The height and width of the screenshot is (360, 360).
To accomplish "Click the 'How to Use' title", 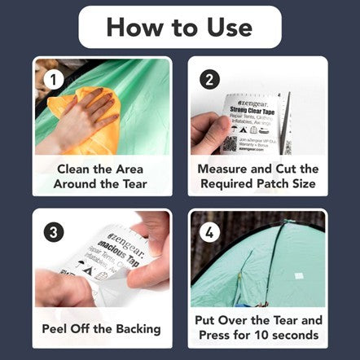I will tap(179, 27).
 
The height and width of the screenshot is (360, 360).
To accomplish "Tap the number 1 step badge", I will tap(55, 80).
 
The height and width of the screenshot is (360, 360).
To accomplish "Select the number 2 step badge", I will tap(211, 80).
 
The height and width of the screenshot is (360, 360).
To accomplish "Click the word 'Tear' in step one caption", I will tap(132, 184).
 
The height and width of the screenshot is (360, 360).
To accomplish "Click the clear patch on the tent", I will tap(298, 276).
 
